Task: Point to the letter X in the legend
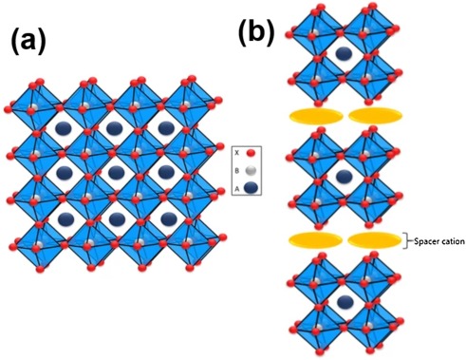click(x=235, y=152)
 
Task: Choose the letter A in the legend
click(x=235, y=188)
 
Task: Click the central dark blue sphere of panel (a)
click(x=116, y=173)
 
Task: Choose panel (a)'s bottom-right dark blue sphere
click(x=166, y=218)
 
